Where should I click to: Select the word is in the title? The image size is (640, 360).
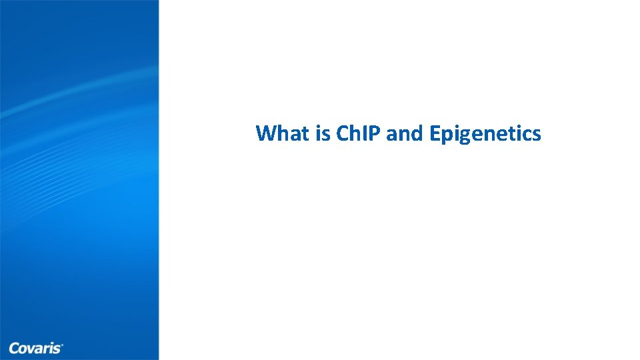324,134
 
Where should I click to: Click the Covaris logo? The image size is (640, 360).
36,347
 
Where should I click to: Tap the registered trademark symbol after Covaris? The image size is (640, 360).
63,345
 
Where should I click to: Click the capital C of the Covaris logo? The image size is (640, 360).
13,347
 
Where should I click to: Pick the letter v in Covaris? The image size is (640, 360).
30,349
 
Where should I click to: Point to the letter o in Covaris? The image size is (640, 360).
22,349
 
